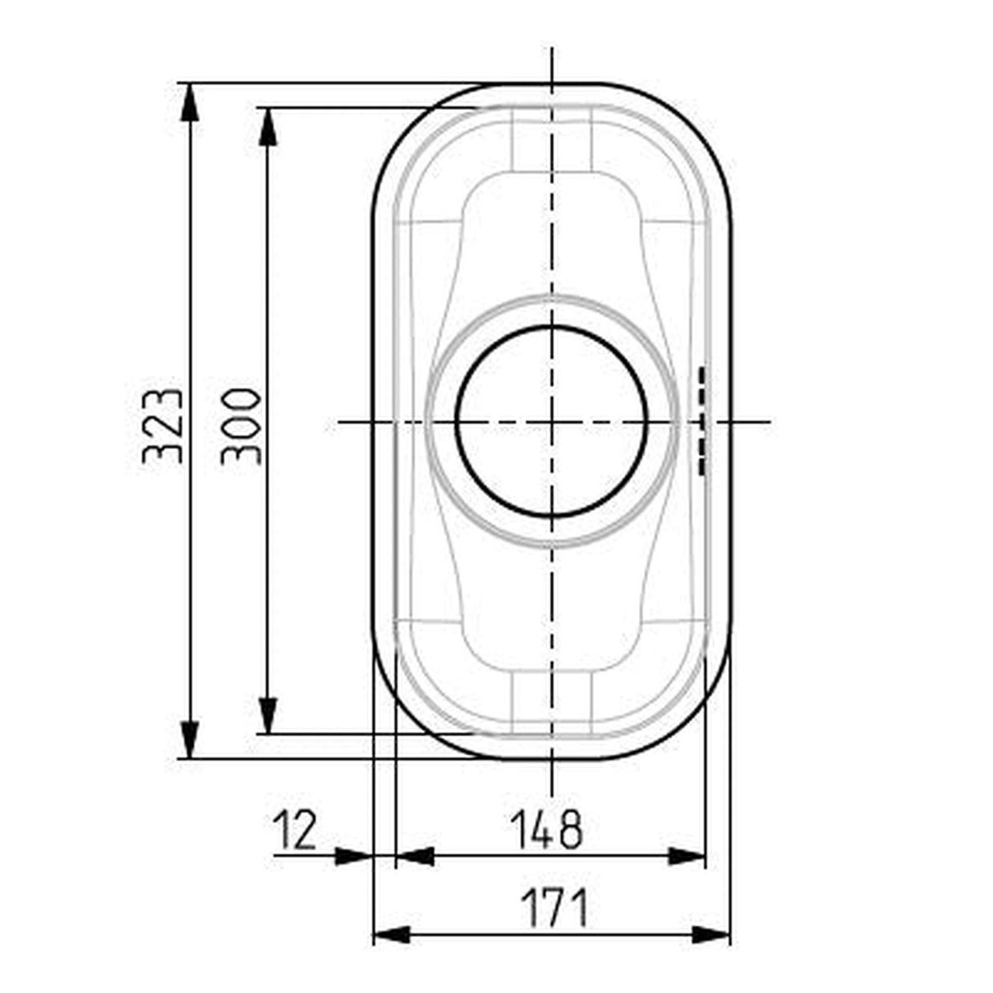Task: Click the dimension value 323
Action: pyautogui.click(x=162, y=427)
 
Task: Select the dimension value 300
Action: pyautogui.click(x=241, y=427)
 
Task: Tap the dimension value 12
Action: pyautogui.click(x=294, y=829)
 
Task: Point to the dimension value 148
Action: pyautogui.click(x=546, y=829)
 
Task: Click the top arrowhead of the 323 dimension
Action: pyautogui.click(x=190, y=102)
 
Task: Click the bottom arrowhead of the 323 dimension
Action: pyautogui.click(x=190, y=739)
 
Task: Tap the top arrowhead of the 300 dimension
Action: pyautogui.click(x=268, y=127)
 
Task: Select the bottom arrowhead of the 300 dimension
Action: pyautogui.click(x=268, y=715)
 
